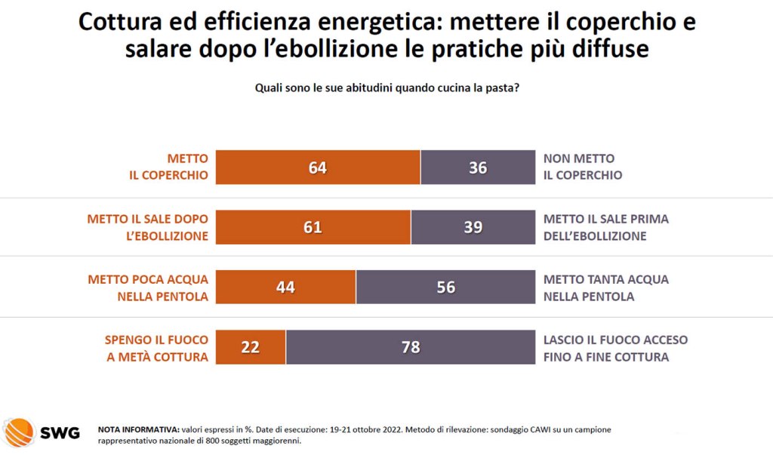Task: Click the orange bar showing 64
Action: tap(318, 168)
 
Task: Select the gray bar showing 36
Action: tap(477, 168)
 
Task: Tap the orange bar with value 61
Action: tap(313, 227)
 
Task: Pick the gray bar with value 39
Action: tap(473, 227)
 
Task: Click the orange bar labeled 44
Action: tap(285, 287)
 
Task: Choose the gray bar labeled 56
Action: tap(445, 287)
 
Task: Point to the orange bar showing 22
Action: tap(251, 347)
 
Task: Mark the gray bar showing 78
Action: tap(410, 347)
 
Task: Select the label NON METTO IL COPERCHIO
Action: tap(583, 167)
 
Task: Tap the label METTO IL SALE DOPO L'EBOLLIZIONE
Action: tap(148, 227)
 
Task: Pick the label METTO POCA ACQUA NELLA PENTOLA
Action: tap(148, 287)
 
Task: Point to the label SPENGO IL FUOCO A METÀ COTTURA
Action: tap(156, 348)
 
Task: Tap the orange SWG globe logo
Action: tap(18, 433)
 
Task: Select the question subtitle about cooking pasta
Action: tap(386, 88)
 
